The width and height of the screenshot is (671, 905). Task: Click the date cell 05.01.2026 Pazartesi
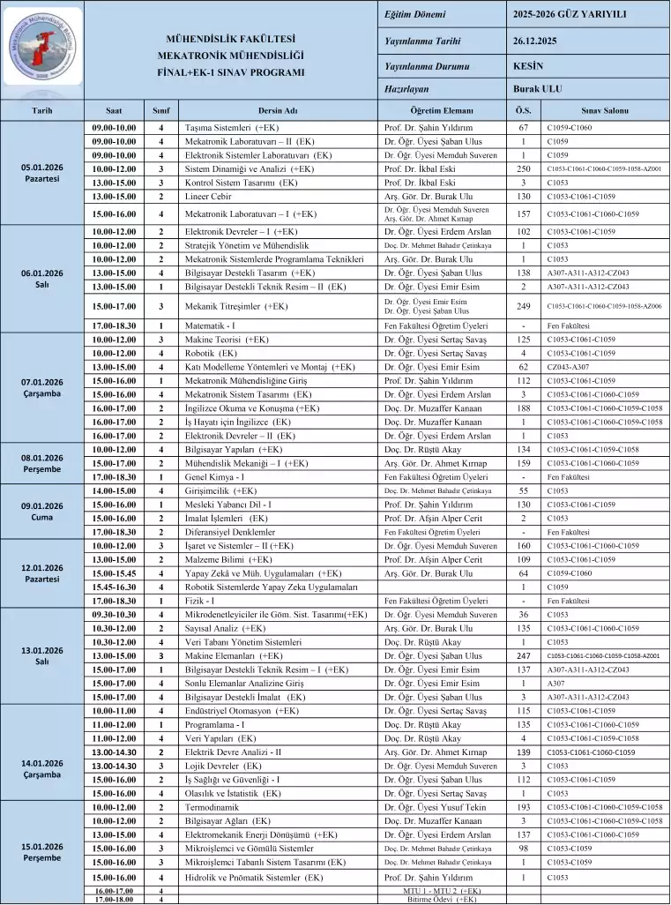(41, 173)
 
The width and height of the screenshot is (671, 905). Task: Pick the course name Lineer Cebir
(208, 197)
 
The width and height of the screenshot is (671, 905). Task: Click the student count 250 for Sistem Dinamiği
(523, 168)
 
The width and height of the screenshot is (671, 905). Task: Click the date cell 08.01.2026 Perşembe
(41, 463)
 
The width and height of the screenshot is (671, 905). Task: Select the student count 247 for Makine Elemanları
(523, 656)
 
